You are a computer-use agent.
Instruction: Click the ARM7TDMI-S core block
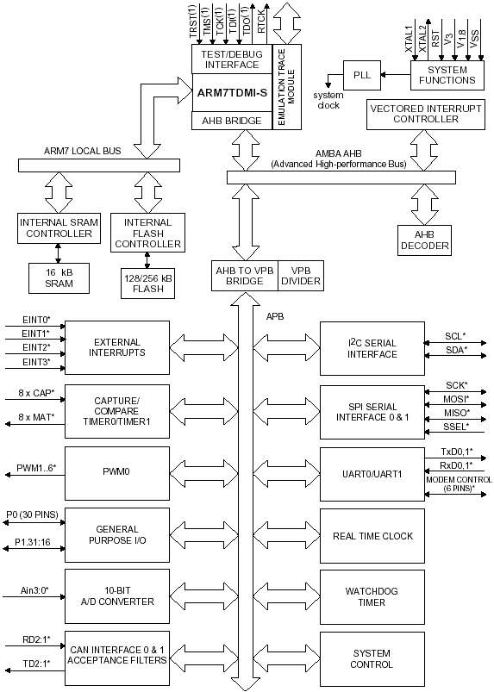point(232,93)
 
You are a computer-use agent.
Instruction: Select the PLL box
point(362,75)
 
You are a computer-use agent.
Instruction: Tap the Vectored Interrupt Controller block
point(426,115)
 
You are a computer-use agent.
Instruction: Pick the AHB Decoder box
point(425,240)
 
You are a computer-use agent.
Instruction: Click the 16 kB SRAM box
point(59,278)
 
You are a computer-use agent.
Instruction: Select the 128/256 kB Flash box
point(147,284)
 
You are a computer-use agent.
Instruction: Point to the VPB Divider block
point(301,276)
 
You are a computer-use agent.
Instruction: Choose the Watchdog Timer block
point(372,596)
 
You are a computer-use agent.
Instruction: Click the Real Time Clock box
point(372,536)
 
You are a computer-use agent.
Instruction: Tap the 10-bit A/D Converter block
point(117,595)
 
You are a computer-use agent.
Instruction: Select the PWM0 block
point(117,472)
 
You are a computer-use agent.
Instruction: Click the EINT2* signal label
point(36,347)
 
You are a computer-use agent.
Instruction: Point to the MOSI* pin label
point(456,399)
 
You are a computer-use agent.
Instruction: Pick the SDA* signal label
point(455,350)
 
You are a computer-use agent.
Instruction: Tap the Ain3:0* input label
point(34,590)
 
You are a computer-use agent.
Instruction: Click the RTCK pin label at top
point(261,22)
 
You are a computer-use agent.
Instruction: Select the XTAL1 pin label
point(409,39)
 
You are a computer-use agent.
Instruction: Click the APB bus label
point(275,316)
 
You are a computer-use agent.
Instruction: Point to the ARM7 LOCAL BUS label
point(82,151)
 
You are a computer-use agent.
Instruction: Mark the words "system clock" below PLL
point(328,100)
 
